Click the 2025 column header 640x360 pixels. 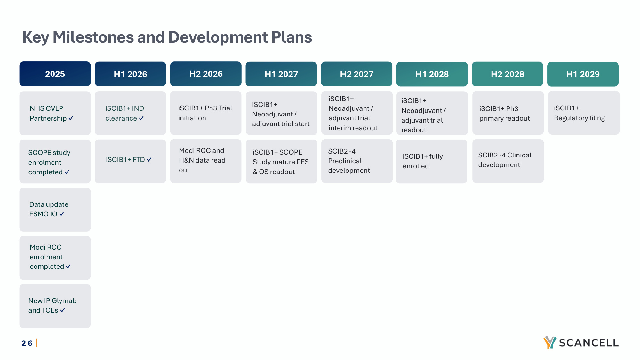55,74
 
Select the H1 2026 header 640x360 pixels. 130,74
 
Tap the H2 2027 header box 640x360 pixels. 356,74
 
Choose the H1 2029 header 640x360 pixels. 583,74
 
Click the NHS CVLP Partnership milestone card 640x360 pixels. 55,113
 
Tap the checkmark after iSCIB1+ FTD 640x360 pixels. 149,159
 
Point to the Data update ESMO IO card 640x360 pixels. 55,210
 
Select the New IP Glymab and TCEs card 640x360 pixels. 55,306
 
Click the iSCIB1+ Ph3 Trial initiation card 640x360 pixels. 206,113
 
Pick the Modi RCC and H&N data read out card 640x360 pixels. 206,161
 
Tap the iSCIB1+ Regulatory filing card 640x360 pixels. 584,113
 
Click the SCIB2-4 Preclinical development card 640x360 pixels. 357,161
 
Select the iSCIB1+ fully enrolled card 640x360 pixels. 431,161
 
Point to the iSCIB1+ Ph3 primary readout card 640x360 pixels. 508,113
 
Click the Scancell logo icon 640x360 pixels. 550,343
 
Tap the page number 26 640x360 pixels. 27,343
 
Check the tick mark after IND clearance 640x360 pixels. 141,118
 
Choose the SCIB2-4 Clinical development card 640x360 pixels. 508,161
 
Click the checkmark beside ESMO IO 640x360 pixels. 61,214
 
